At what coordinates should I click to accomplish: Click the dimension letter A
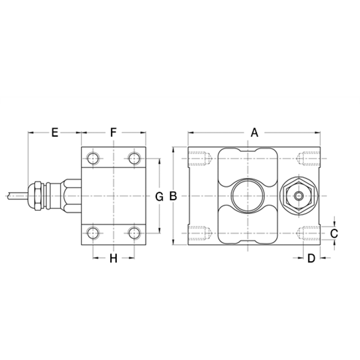tap(254, 132)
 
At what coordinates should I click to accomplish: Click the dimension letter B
tap(173, 196)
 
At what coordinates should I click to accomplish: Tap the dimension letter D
tap(311, 258)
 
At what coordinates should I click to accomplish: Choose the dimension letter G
tap(159, 196)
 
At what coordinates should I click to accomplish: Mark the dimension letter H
tap(113, 258)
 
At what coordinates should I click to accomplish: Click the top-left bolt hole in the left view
tap(92, 159)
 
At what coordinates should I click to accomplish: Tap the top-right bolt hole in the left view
tap(134, 159)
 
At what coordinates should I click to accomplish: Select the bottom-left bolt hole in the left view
tap(92, 233)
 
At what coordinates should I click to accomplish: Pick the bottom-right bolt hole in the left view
tap(134, 233)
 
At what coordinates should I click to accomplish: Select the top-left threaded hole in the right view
tap(200, 159)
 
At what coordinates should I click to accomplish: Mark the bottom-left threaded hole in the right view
tap(200, 233)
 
